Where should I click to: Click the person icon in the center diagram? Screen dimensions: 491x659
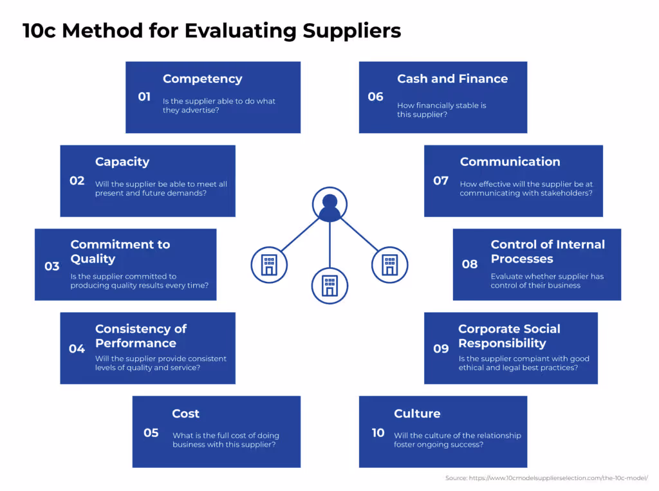[x=329, y=205]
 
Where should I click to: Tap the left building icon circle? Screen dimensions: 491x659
[x=269, y=264]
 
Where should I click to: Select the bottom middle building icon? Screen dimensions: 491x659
[x=329, y=285]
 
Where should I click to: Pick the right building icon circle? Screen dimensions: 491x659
[x=389, y=264]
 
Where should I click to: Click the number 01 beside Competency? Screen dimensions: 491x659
[x=144, y=97]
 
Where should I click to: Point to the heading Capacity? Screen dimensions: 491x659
[x=122, y=162]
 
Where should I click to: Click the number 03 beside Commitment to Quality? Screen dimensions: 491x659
[x=52, y=266]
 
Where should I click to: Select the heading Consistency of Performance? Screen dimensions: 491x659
[x=140, y=336]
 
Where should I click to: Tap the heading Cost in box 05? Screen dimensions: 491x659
[x=185, y=414]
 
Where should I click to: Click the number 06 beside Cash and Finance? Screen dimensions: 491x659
[x=375, y=97]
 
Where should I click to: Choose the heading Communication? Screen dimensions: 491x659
[x=510, y=162]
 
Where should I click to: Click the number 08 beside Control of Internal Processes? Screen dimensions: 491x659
[x=470, y=264]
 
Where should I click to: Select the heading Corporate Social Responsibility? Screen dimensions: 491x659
[x=508, y=336]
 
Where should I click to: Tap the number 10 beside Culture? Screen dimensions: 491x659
[x=378, y=433]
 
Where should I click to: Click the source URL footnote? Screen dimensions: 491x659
[x=546, y=478]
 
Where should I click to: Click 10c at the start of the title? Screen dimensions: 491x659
[x=40, y=30]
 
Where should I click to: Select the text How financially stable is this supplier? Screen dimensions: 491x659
[x=441, y=110]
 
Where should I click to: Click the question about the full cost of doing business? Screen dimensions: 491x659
[x=225, y=440]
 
